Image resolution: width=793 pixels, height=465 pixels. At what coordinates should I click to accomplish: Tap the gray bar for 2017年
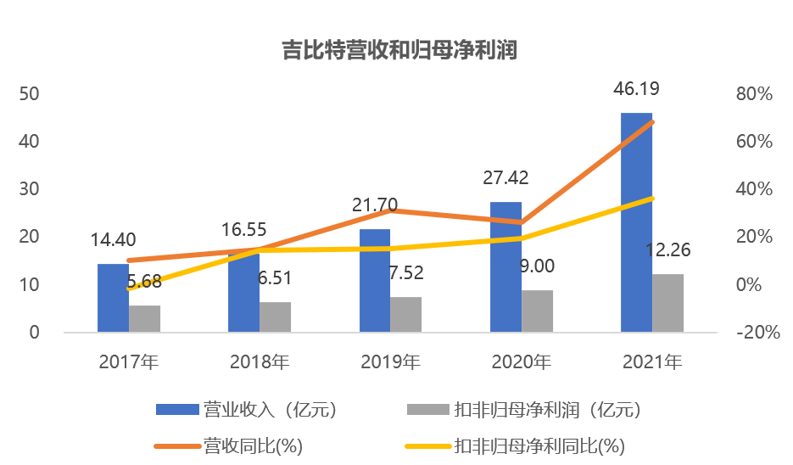pos(144,318)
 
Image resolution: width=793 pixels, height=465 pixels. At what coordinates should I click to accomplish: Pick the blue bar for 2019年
pos(375,280)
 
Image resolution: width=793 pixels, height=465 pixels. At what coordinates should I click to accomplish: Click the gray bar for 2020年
pos(537,311)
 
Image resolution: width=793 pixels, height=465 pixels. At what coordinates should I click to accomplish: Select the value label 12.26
pos(668,250)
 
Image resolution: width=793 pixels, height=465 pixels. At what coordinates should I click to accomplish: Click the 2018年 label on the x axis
pos(260,362)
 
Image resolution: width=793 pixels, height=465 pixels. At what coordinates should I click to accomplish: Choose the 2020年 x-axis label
pos(521,362)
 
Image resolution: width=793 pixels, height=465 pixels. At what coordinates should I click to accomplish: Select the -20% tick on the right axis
pos(757,333)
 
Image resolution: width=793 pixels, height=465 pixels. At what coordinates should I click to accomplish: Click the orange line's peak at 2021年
pos(651,122)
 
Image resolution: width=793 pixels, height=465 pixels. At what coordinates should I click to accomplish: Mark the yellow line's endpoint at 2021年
pos(651,199)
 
